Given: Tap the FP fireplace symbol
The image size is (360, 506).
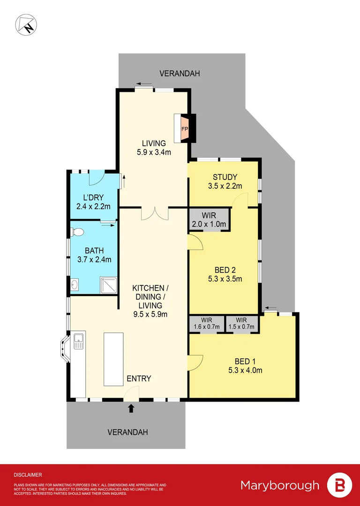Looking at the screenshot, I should [x=184, y=128].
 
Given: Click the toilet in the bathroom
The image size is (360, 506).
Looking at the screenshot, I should [x=77, y=231].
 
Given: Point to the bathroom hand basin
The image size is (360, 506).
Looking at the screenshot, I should [x=75, y=284].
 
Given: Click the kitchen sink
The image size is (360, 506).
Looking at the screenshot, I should [x=78, y=341].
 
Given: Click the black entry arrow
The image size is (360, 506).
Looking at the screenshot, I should [x=131, y=409].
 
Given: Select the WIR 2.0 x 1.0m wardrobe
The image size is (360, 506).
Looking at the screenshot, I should [x=209, y=220].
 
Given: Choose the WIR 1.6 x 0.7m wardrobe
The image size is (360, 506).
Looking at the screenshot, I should [x=206, y=324].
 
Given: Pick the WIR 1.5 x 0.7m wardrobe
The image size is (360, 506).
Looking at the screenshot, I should [x=242, y=324].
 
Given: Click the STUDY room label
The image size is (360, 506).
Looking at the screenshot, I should [x=225, y=177].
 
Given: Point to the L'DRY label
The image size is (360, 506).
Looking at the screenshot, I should [x=93, y=197].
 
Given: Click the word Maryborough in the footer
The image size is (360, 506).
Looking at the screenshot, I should [x=280, y=485].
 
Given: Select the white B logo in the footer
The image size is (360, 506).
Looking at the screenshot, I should [x=339, y=485].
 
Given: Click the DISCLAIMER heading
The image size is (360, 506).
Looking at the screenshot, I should [x=28, y=475].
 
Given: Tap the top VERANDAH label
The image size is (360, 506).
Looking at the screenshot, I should [x=180, y=74].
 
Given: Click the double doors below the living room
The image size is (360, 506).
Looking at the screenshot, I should [x=154, y=213].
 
